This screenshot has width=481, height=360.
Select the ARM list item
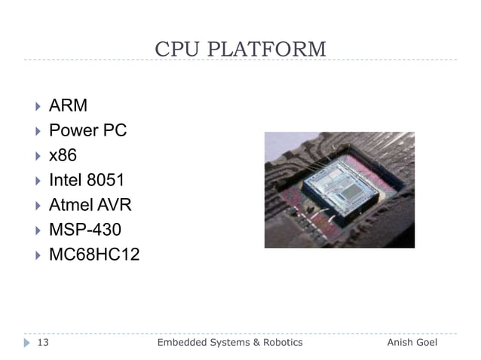tap(68, 105)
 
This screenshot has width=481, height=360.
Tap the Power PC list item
tap(87, 130)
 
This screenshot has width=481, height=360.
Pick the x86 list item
tap(63, 155)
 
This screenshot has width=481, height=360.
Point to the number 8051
tap(105, 180)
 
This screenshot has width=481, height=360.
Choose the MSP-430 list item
tap(84, 230)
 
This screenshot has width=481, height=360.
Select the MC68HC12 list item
tap(93, 255)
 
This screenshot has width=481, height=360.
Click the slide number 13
tap(43, 343)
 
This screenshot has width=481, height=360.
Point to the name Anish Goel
tap(412, 343)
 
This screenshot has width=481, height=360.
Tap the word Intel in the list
tap(66, 180)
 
